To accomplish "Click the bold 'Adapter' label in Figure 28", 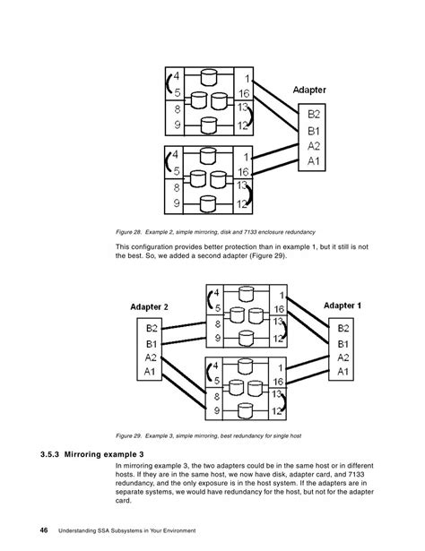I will (x=313, y=90).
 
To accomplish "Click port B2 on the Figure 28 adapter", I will (x=314, y=114).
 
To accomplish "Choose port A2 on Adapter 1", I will (x=343, y=357).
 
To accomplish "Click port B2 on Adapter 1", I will (x=343, y=327).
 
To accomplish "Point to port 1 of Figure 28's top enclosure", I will (x=246, y=77).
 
